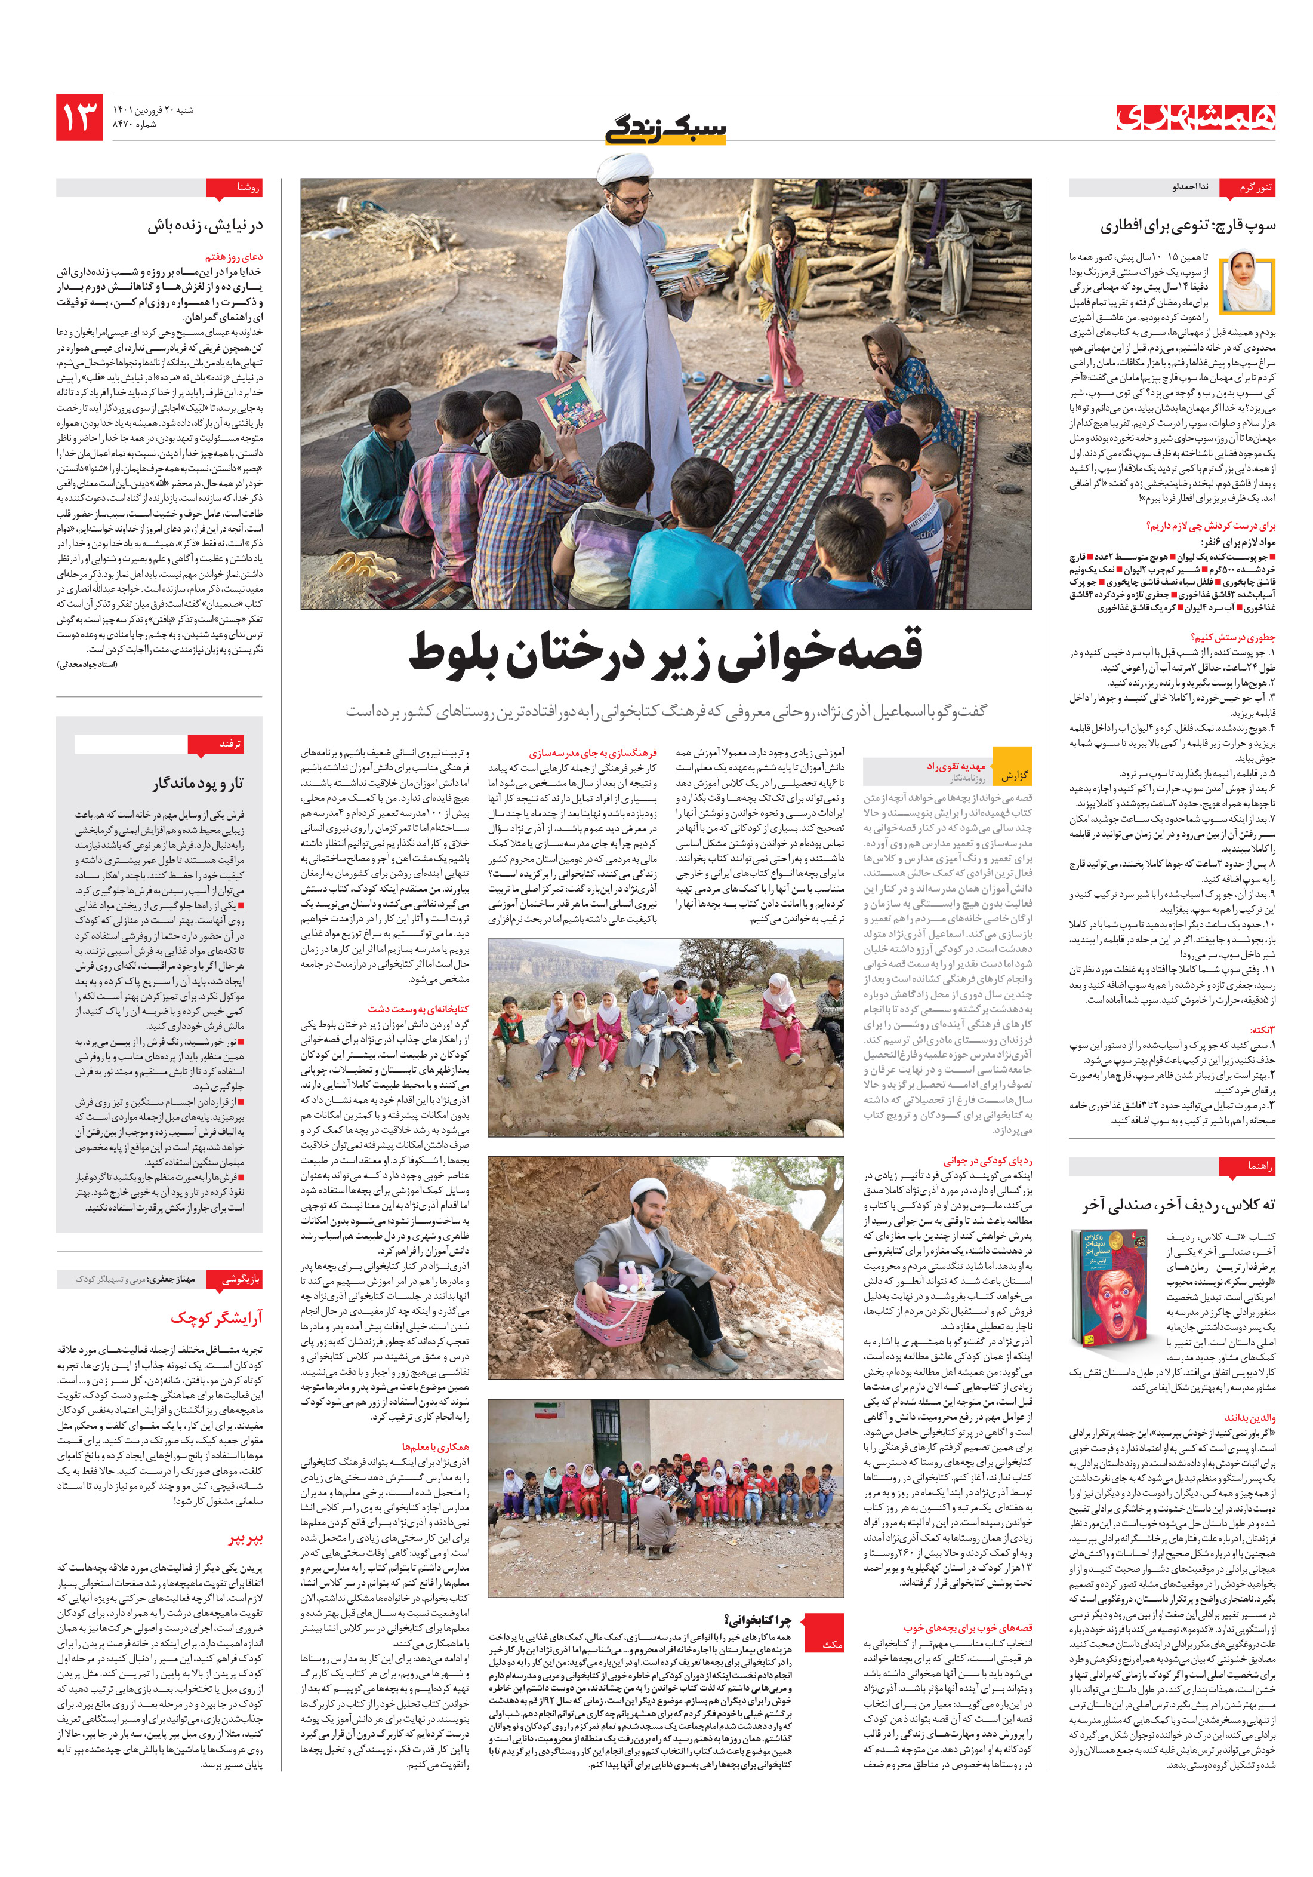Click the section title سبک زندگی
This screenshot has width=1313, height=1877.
pyautogui.click(x=665, y=129)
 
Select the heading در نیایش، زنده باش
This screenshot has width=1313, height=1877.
pyautogui.click(x=205, y=226)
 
